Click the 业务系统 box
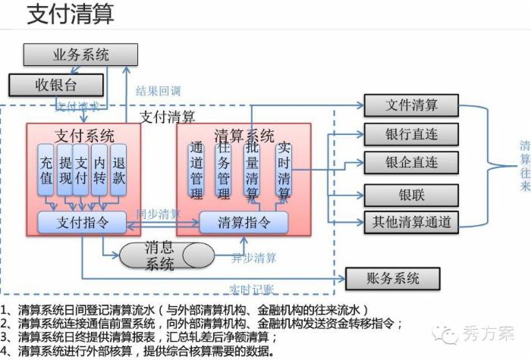click(x=81, y=55)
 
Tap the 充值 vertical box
click(x=46, y=171)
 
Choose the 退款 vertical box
click(x=118, y=171)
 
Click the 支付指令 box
click(x=83, y=222)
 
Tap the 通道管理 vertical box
click(x=196, y=171)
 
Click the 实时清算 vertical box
click(x=284, y=171)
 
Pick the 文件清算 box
click(x=411, y=105)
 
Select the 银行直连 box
click(x=411, y=134)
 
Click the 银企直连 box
click(x=411, y=162)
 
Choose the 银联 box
click(x=411, y=195)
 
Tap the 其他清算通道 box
click(x=411, y=221)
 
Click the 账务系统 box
click(x=392, y=279)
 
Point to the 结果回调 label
click(x=158, y=91)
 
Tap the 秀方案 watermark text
click(x=485, y=333)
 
